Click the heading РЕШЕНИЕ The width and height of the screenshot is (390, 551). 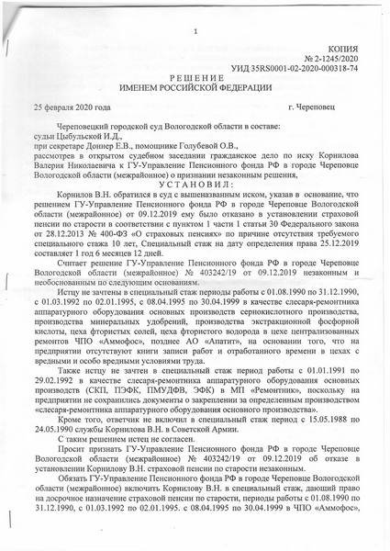tap(195, 79)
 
